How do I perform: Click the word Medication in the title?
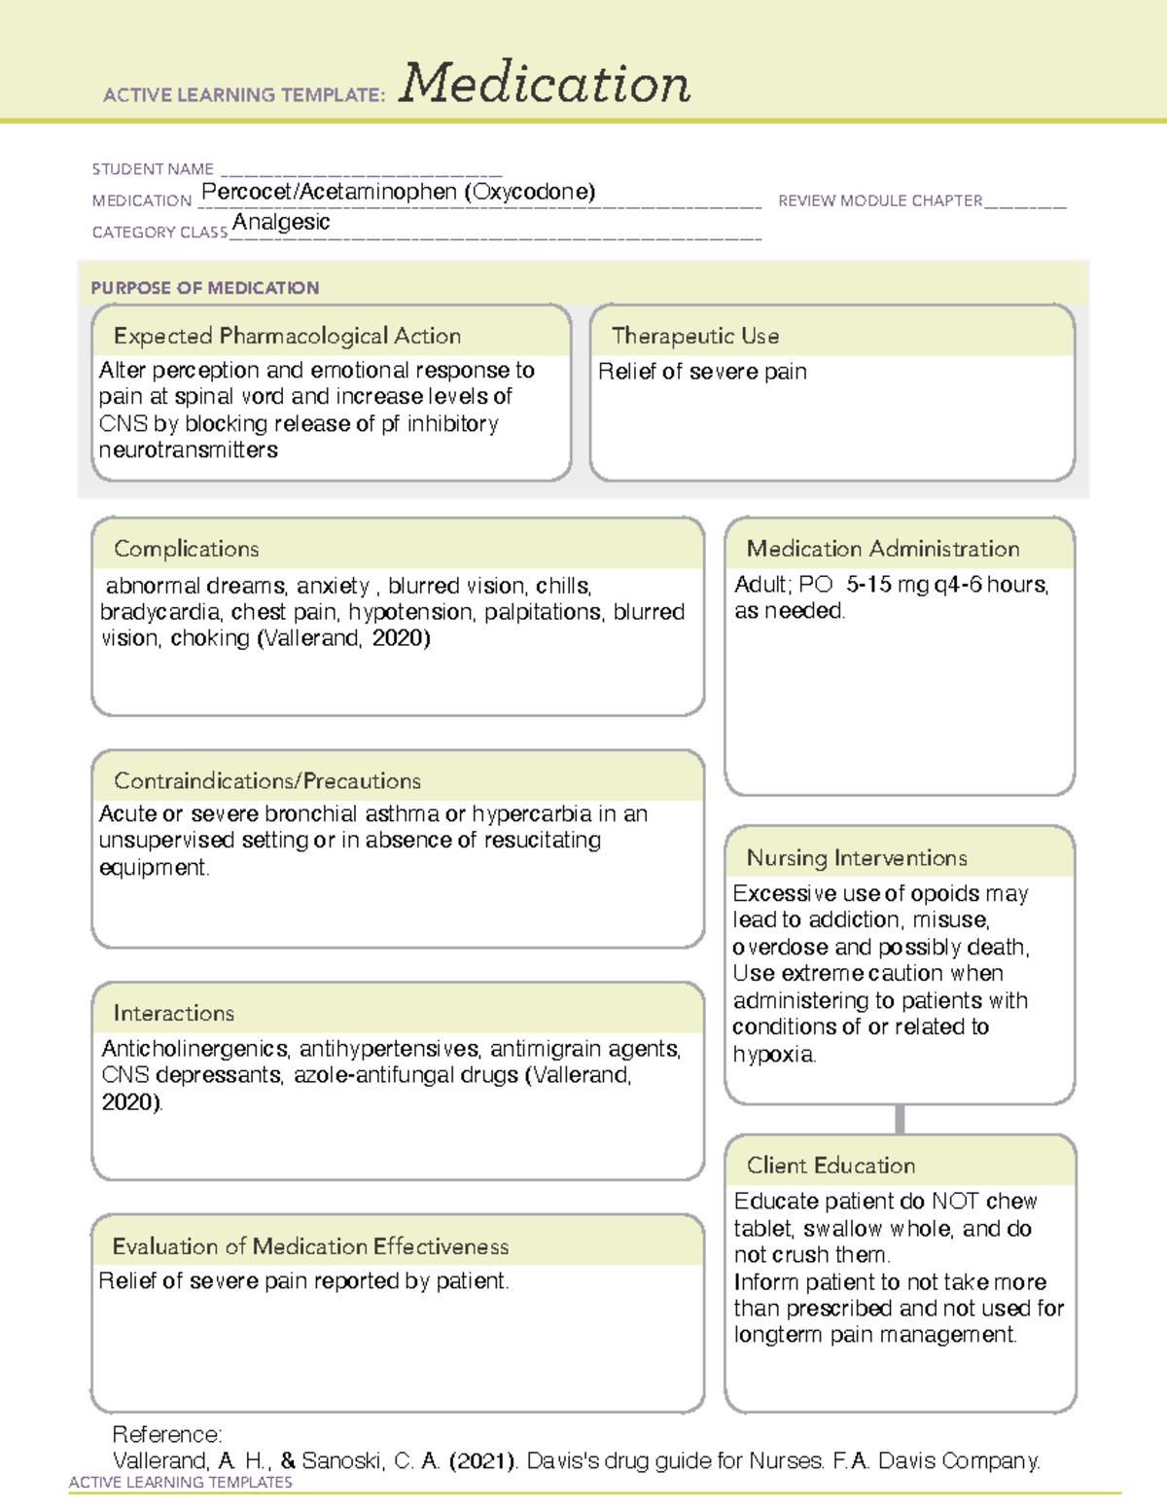(x=545, y=84)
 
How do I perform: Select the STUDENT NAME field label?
(x=153, y=169)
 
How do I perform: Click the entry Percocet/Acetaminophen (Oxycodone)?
(x=398, y=192)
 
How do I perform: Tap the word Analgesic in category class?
(x=281, y=222)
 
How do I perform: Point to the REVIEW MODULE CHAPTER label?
(x=880, y=200)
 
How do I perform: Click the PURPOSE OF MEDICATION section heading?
(x=205, y=288)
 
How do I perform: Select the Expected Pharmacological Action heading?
(x=287, y=336)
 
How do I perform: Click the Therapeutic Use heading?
(x=694, y=336)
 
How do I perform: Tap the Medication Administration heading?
(x=883, y=549)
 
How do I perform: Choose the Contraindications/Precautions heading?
(x=267, y=781)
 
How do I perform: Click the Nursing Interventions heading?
(x=857, y=858)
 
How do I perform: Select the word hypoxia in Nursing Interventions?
(x=774, y=1054)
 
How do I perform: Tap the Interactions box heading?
(x=174, y=1014)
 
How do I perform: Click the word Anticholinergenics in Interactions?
(x=194, y=1049)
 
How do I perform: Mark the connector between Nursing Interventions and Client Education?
(x=900, y=1119)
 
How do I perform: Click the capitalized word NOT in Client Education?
(x=955, y=1202)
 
